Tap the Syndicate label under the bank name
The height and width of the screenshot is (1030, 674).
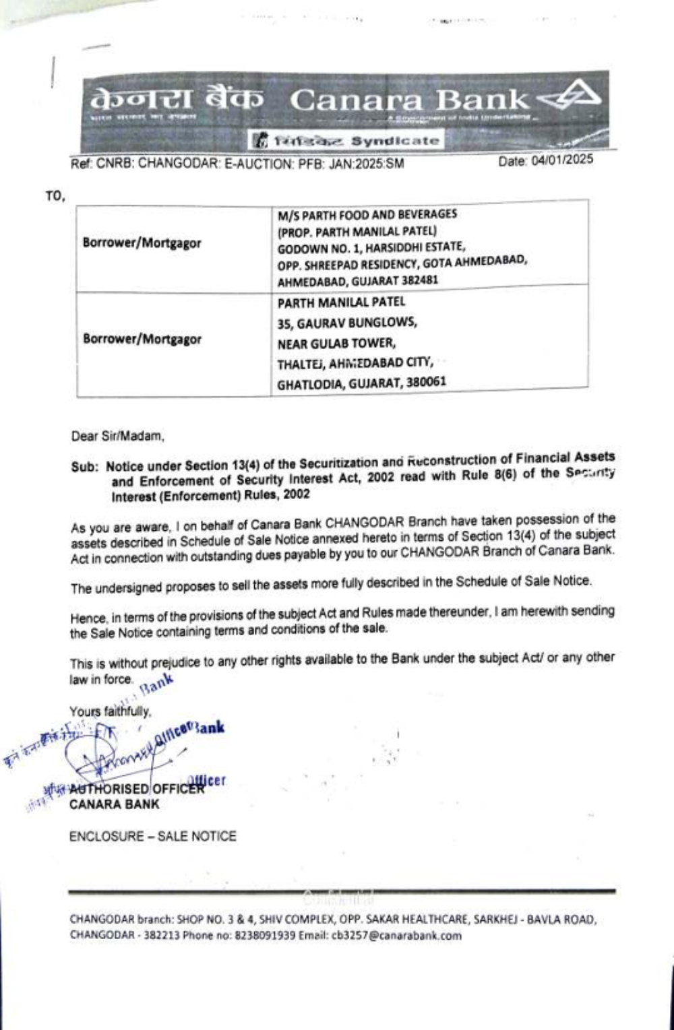(395, 141)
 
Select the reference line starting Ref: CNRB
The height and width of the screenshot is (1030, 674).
(237, 164)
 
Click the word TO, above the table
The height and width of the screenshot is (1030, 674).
(55, 196)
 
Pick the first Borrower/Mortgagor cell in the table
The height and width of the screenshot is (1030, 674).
(142, 243)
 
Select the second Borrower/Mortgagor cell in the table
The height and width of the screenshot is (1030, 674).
(142, 339)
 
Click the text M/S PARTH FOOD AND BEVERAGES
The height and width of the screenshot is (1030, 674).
(367, 214)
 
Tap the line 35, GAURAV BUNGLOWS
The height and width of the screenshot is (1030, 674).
(346, 323)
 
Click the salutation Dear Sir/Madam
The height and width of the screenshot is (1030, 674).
(117, 436)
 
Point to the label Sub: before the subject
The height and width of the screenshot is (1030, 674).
(85, 465)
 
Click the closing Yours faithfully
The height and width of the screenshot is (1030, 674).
(110, 711)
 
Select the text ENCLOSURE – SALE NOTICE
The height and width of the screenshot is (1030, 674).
(152, 837)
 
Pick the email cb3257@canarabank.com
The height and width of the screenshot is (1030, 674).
(397, 936)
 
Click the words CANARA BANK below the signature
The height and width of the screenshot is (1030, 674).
(115, 804)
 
